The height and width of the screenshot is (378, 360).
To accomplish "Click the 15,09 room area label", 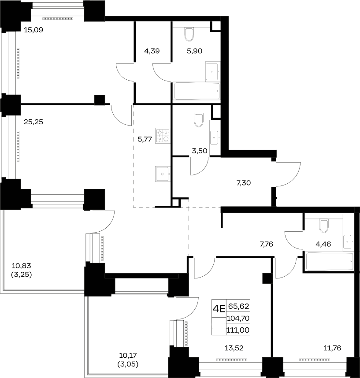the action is (33, 30).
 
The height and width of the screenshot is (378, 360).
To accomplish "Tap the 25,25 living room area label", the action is (33, 122).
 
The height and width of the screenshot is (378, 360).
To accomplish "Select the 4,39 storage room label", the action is (152, 51).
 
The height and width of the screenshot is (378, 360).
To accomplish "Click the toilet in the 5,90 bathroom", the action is (189, 34).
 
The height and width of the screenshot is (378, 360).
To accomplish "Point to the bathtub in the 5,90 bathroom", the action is (197, 91).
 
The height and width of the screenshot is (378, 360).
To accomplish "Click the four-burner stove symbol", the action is (163, 136).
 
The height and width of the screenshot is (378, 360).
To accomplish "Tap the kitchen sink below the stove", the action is (163, 174).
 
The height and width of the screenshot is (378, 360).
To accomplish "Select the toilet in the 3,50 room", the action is (199, 120).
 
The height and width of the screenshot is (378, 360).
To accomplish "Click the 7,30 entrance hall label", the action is (244, 183).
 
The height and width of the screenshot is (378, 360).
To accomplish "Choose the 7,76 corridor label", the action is (267, 244).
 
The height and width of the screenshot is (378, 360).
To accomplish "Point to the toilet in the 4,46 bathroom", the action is (324, 226).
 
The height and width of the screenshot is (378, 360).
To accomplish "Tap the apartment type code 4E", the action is (219, 308).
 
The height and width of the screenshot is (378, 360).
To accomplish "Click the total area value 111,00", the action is (238, 330).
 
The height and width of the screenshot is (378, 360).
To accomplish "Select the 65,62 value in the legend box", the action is (238, 306).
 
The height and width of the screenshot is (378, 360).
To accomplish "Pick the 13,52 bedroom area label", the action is (234, 348).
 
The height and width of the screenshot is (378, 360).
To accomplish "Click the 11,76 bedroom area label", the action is (332, 348).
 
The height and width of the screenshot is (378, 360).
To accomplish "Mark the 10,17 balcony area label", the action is (128, 356).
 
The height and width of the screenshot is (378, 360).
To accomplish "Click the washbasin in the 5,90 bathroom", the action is (213, 72).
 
